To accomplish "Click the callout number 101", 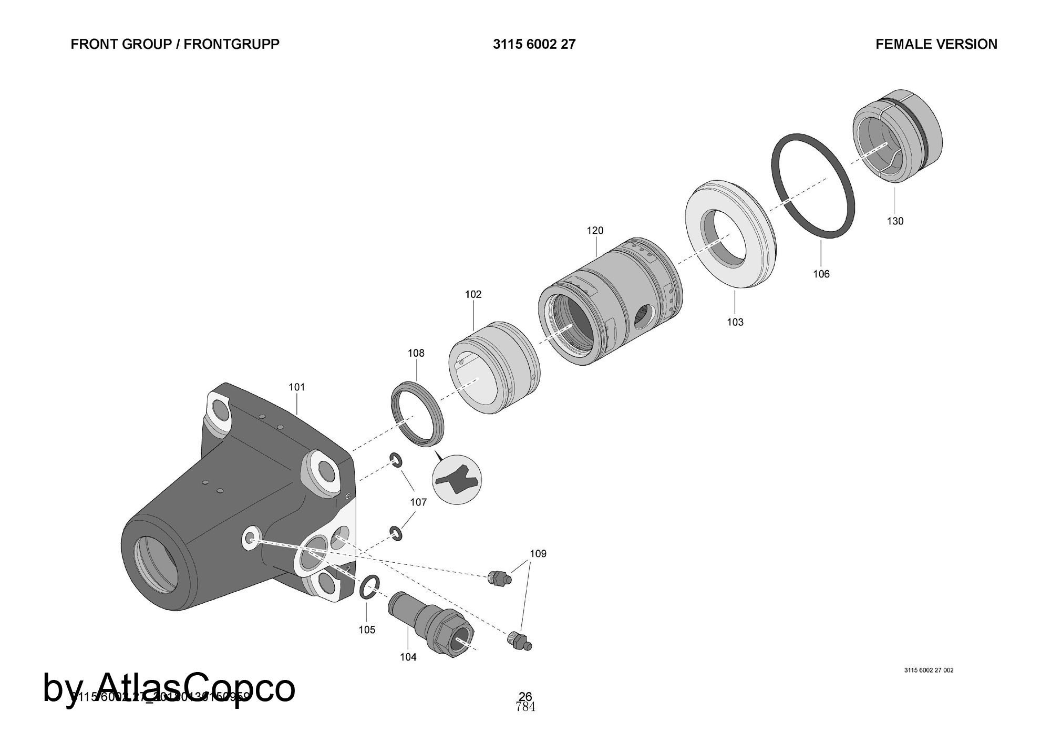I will [296, 387].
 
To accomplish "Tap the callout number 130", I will [895, 221].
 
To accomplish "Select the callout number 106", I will [821, 274].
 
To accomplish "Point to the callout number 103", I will [735, 322].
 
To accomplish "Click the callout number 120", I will [595, 231].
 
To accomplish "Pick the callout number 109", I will [538, 554].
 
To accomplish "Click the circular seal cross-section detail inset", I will [457, 480].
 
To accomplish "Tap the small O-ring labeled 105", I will [369, 586].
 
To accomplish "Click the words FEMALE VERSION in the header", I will [936, 45].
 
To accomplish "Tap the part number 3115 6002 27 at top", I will [534, 45].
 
